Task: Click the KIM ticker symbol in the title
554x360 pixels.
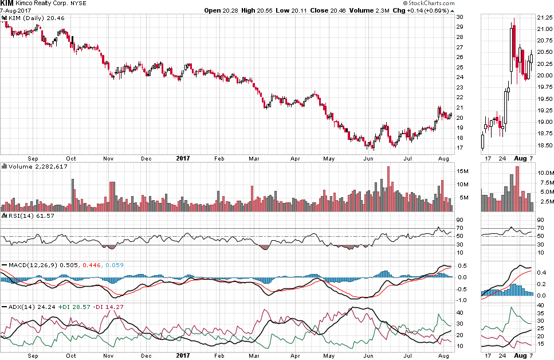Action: pos(7,3)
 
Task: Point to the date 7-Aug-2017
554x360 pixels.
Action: pos(15,11)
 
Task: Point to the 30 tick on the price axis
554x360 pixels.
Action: pos(459,17)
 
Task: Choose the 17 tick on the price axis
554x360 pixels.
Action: pos(459,147)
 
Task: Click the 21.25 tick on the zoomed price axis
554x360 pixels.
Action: pos(544,17)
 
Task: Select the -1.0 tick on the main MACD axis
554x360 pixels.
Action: pos(461,300)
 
